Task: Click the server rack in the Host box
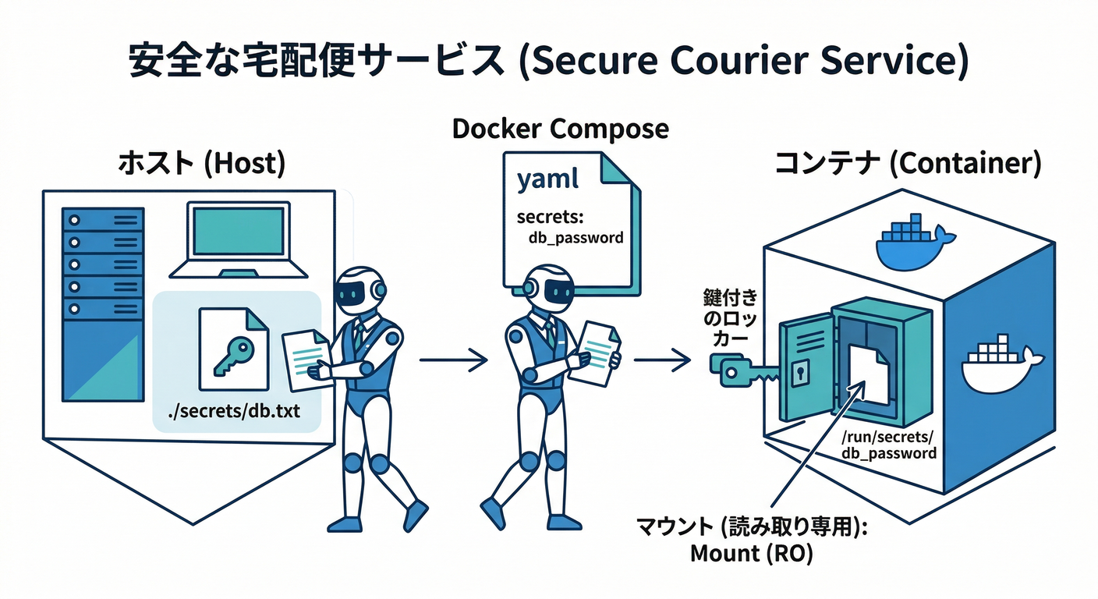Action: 103,304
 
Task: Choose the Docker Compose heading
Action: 561,129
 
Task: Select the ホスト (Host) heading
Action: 200,165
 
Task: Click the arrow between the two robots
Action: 453,360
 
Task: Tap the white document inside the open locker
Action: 868,374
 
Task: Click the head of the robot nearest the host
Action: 359,291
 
